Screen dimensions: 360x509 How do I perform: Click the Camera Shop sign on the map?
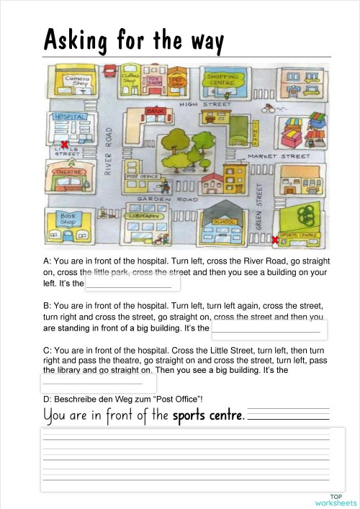[x=78, y=81]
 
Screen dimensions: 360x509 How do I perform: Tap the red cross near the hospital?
[x=65, y=145]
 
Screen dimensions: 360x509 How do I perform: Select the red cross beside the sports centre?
[x=275, y=239]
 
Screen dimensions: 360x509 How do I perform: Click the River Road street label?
[x=109, y=151]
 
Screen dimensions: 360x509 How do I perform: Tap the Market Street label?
[x=279, y=156]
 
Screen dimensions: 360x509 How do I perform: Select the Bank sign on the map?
[x=154, y=111]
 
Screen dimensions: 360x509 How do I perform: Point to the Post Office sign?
[x=142, y=176]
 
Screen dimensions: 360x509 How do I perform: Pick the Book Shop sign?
[x=68, y=220]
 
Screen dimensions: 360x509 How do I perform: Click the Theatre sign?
[x=70, y=171]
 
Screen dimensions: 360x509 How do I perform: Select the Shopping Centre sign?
[x=223, y=78]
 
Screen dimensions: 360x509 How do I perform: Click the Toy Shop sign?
[x=155, y=81]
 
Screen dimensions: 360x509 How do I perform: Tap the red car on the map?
[x=109, y=71]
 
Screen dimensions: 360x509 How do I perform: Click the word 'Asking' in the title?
[x=74, y=41]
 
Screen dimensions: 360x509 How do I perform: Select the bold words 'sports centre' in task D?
[x=208, y=415]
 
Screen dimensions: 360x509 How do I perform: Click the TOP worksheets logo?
[x=335, y=500]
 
